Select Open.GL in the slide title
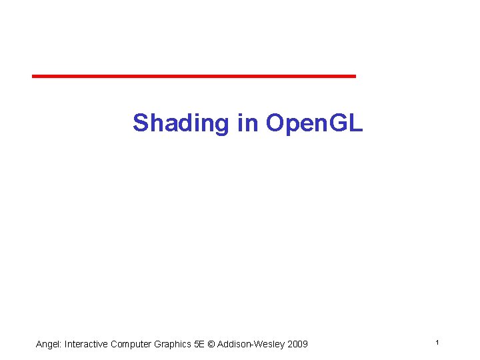(x=314, y=123)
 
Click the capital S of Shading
(x=141, y=123)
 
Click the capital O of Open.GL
(x=275, y=123)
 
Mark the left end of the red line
(x=33, y=77)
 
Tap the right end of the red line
(x=355, y=77)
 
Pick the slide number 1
(x=437, y=342)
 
